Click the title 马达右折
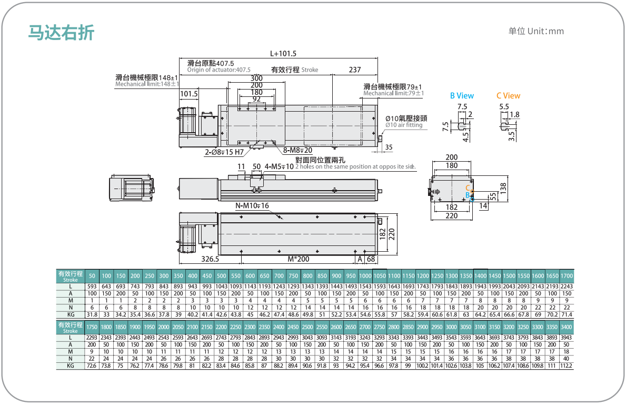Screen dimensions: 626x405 (61, 32)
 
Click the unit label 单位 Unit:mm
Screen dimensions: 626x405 (536, 31)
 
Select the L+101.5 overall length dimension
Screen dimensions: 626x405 (283, 54)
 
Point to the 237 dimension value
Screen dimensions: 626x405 (354, 70)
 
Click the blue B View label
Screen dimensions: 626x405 (462, 96)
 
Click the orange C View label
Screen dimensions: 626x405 (508, 96)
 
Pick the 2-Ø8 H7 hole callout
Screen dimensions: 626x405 (224, 152)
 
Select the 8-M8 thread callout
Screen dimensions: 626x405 (297, 150)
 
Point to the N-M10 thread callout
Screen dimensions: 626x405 (252, 206)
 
